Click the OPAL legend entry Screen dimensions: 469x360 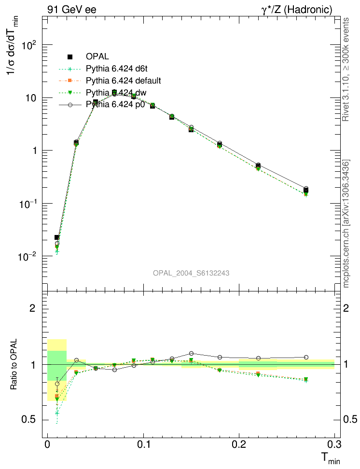click(97, 56)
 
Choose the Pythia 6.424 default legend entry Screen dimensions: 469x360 click(123, 80)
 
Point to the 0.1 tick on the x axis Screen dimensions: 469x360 click(143, 444)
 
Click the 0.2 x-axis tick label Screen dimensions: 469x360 click(239, 444)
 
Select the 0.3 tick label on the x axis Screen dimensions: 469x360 click(334, 444)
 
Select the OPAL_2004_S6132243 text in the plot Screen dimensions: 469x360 click(191, 273)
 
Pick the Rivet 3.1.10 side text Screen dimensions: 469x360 click(346, 70)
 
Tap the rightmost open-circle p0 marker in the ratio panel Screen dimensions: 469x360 click(306, 357)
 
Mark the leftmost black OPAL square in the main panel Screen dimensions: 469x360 click(57, 237)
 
